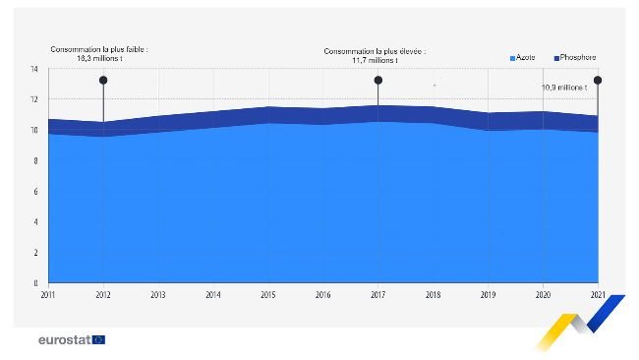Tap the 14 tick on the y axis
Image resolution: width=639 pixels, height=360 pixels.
(33, 69)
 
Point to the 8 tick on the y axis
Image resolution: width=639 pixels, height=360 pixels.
(34, 160)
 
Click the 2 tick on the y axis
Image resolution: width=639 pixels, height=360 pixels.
(34, 253)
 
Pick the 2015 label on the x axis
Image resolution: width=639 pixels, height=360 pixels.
(268, 293)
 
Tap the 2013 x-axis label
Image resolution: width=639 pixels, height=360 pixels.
(158, 293)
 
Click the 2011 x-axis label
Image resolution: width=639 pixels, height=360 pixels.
(48, 293)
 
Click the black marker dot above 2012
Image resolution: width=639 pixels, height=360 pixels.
(103, 81)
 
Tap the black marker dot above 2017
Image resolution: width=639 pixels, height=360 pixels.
(378, 81)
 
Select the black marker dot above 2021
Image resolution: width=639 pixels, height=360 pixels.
(598, 81)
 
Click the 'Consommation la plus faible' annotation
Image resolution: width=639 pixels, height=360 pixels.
(99, 54)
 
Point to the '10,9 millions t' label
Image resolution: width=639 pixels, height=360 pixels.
(564, 88)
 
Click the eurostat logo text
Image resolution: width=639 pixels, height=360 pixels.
(63, 340)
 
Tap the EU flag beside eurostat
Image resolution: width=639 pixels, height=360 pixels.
(98, 340)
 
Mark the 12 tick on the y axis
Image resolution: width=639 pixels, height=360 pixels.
(33, 99)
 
